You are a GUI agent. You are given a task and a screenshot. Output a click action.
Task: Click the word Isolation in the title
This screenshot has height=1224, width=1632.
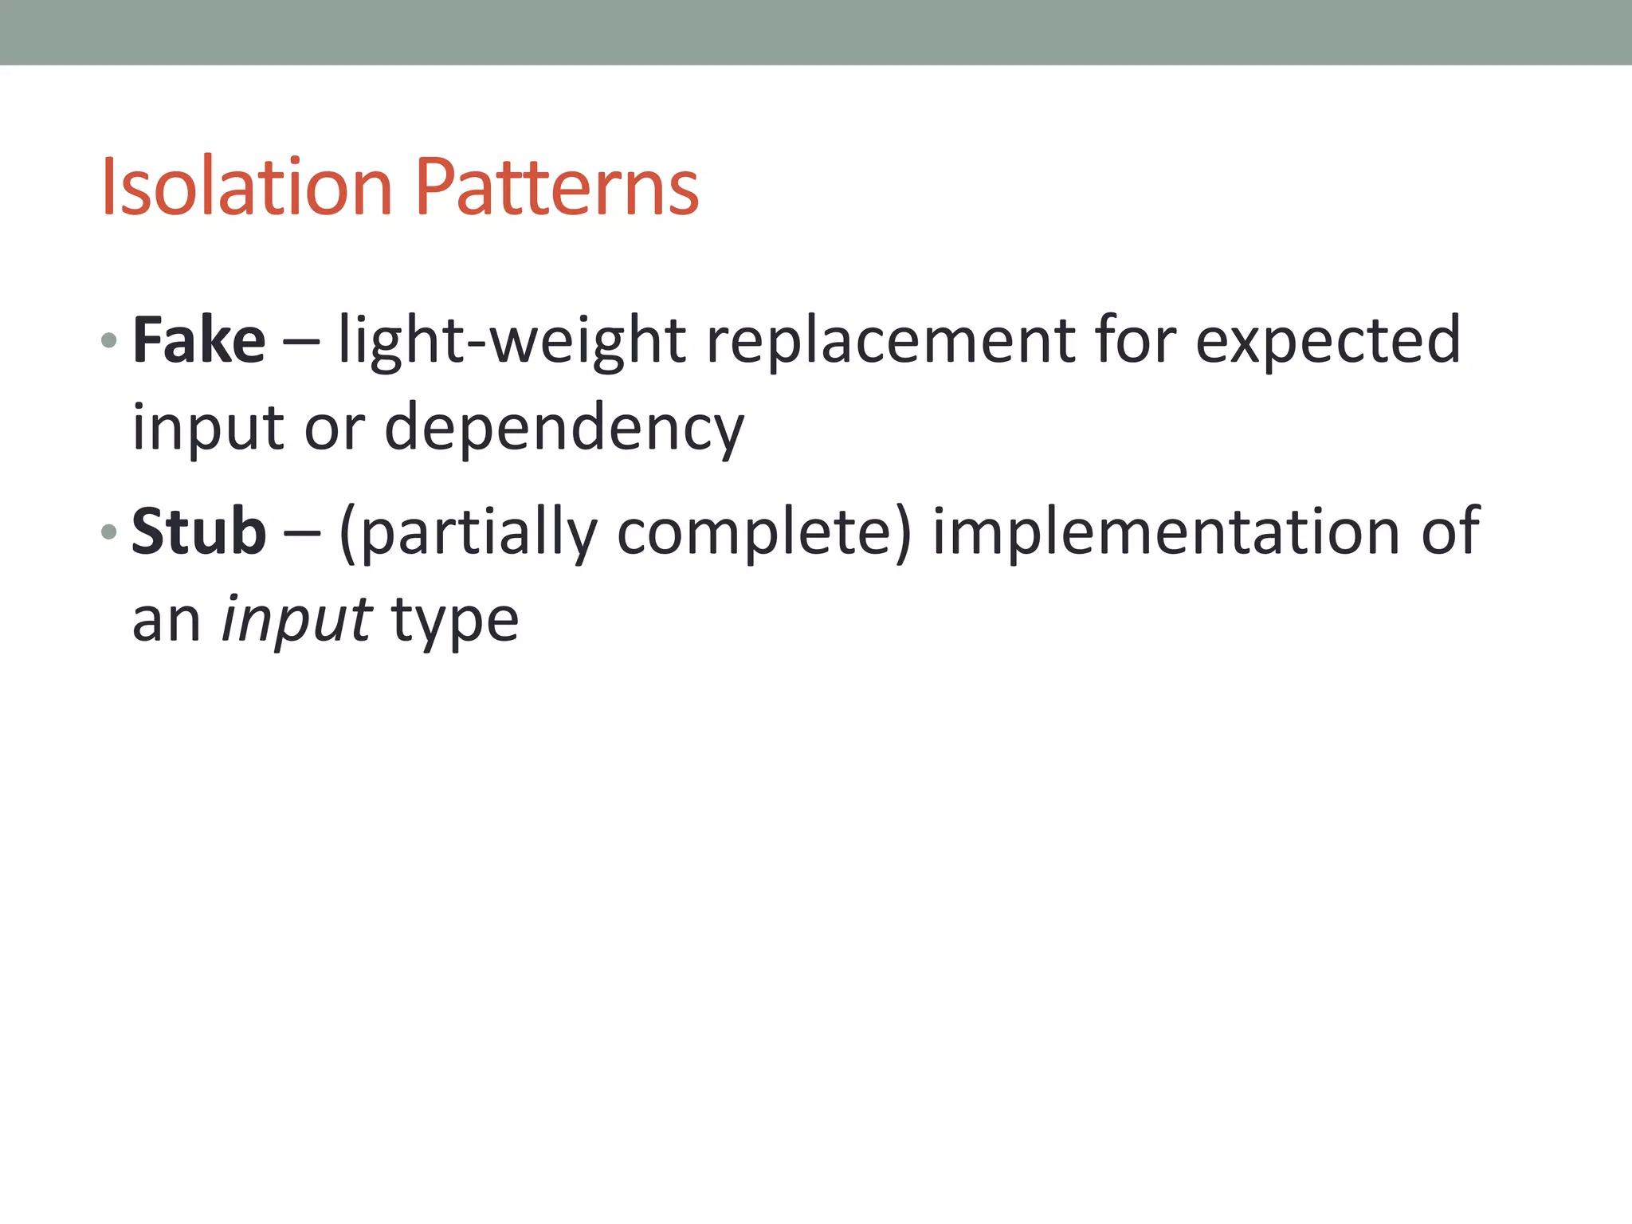[246, 188]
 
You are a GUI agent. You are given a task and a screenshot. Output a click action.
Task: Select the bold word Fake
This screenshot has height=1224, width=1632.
[198, 340]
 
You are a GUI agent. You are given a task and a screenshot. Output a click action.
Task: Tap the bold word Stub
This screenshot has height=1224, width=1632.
[198, 532]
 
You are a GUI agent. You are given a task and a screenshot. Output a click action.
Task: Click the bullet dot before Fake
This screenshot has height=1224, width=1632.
[109, 342]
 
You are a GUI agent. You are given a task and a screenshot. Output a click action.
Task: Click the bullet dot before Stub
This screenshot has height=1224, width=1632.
[109, 532]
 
